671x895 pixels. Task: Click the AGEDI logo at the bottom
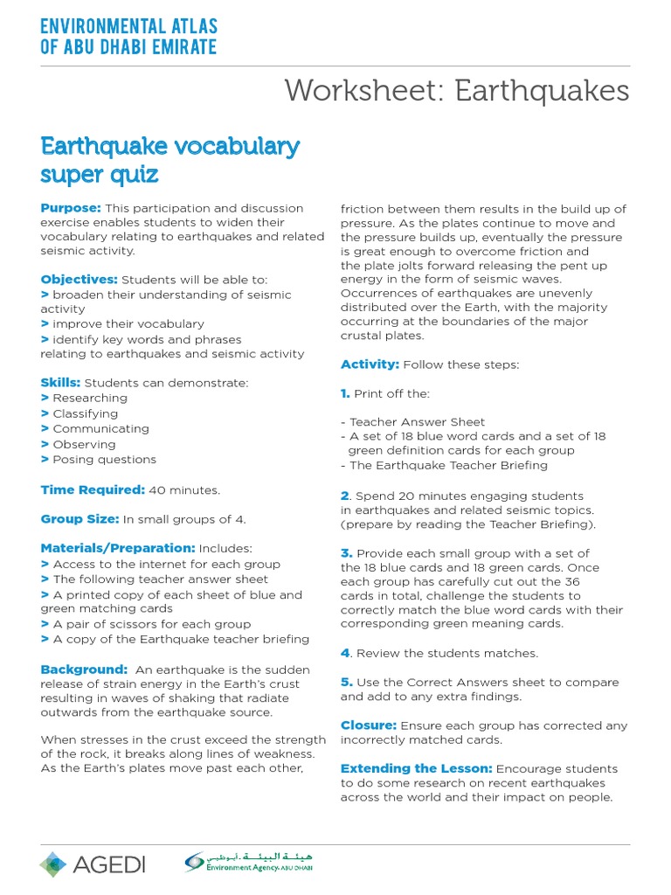(93, 864)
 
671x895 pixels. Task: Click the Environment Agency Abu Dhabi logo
(248, 863)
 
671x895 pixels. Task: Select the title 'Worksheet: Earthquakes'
(457, 90)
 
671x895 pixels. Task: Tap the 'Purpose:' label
(71, 208)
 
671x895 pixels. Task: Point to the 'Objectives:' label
(79, 280)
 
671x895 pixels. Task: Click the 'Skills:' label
(60, 383)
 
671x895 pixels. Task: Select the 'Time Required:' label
(93, 490)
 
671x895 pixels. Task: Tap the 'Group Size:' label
(80, 519)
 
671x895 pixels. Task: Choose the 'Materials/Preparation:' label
(118, 548)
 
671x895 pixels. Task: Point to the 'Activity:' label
(370, 364)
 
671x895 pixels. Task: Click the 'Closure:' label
(369, 725)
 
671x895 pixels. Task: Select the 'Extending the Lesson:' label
(416, 769)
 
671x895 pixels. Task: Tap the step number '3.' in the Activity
(347, 553)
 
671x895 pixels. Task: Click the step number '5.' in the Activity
(347, 683)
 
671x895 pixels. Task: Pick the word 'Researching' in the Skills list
(91, 399)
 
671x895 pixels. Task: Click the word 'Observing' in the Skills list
(84, 444)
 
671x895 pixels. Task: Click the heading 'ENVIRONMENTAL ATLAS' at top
(129, 27)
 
